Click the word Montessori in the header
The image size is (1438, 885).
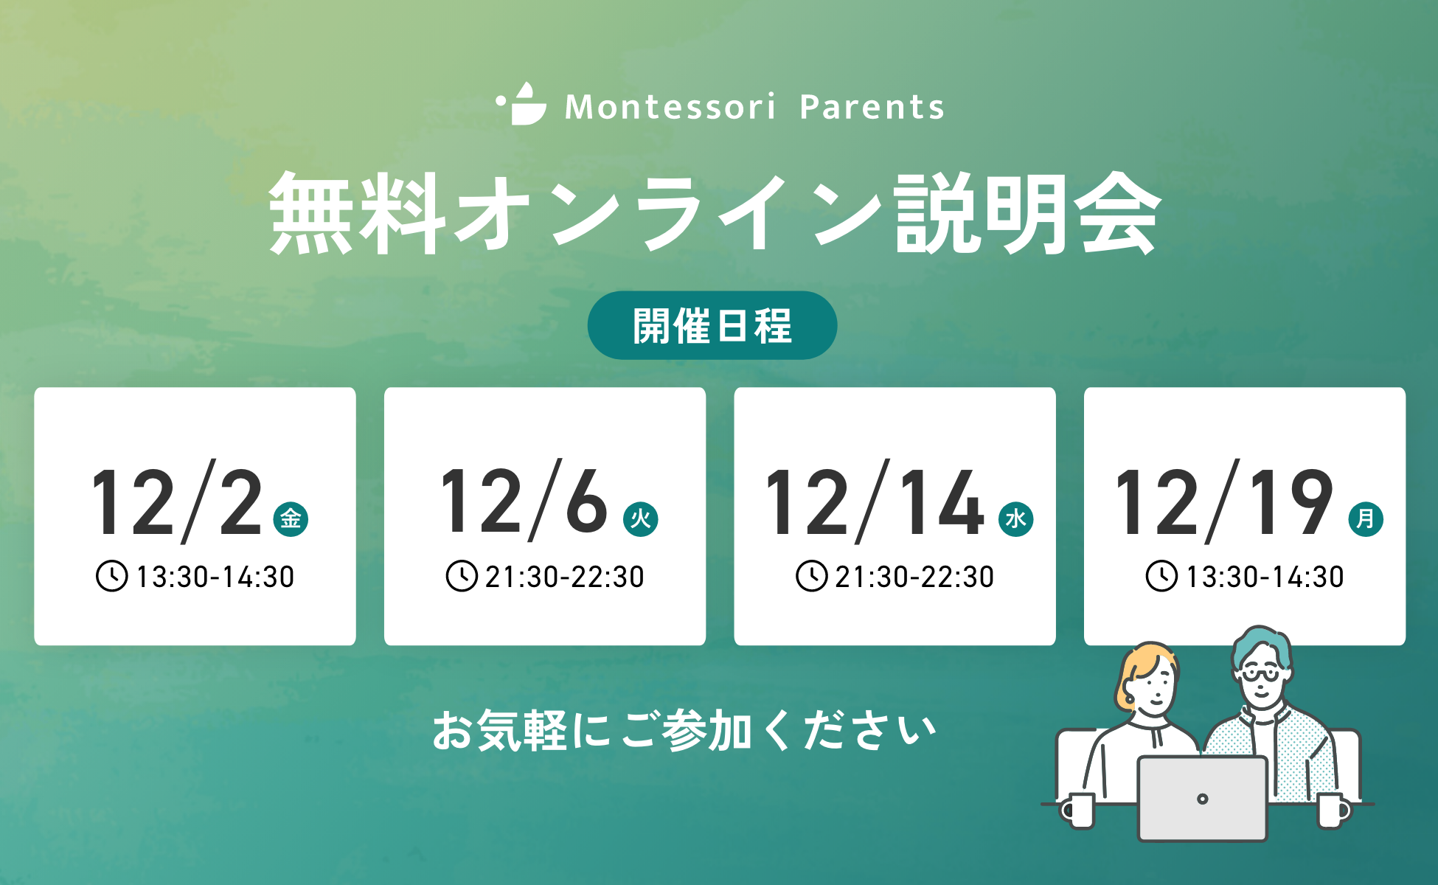point(670,107)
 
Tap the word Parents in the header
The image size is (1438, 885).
point(872,107)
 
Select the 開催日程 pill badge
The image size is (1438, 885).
point(712,325)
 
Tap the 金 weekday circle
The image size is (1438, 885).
point(291,518)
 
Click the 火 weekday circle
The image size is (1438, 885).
point(640,518)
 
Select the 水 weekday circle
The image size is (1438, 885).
point(1015,518)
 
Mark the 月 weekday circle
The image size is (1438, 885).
point(1365,518)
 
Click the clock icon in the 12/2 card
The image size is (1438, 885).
point(112,576)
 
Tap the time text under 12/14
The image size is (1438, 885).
point(914,577)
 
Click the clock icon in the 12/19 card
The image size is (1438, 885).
point(1161,576)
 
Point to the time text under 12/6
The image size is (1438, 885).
point(565,577)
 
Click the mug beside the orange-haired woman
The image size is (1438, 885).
point(1079,811)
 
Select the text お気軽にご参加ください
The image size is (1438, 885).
point(684,731)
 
